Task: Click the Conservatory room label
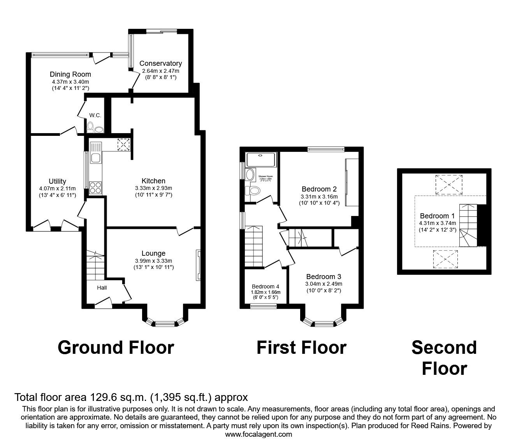[160, 63]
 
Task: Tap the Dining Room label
[70, 74]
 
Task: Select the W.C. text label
[95, 115]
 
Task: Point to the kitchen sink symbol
[95, 153]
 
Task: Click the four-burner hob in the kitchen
[95, 188]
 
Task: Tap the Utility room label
[57, 181]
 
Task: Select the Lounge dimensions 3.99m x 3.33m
[153, 261]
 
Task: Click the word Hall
[102, 288]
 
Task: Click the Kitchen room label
[153, 181]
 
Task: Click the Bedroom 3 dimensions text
[324, 284]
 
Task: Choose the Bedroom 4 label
[266, 286]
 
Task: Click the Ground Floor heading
[116, 347]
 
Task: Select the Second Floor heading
[444, 358]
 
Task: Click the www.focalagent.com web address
[258, 434]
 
